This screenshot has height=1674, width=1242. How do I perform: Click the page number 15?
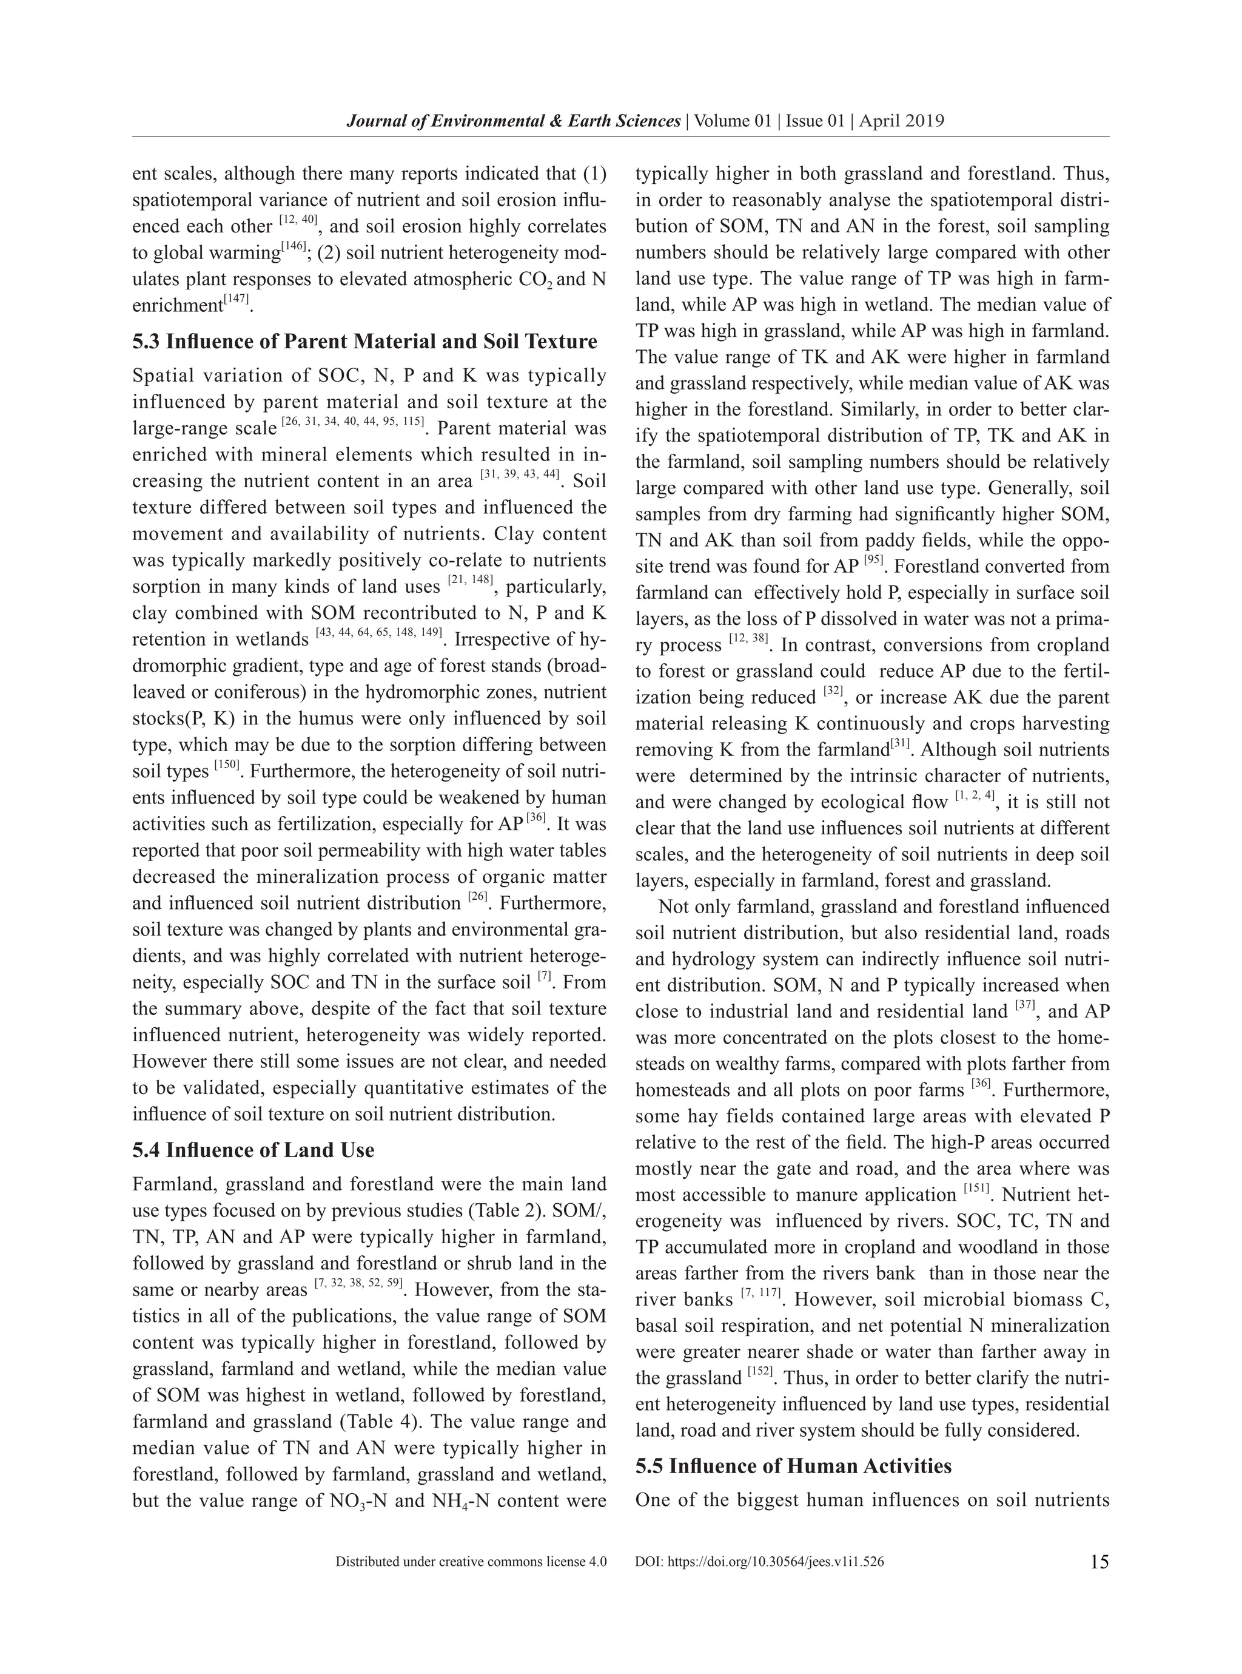click(1098, 1562)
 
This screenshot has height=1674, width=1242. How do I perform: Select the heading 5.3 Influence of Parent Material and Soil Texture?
click(364, 342)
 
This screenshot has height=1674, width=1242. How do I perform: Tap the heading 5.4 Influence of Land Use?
click(253, 1150)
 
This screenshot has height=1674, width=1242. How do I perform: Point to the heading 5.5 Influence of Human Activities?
click(793, 1466)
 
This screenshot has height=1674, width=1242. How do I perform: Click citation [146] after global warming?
click(294, 248)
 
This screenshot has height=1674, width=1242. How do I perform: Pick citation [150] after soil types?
click(227, 766)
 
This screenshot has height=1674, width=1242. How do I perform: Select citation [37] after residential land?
click(1025, 1006)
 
